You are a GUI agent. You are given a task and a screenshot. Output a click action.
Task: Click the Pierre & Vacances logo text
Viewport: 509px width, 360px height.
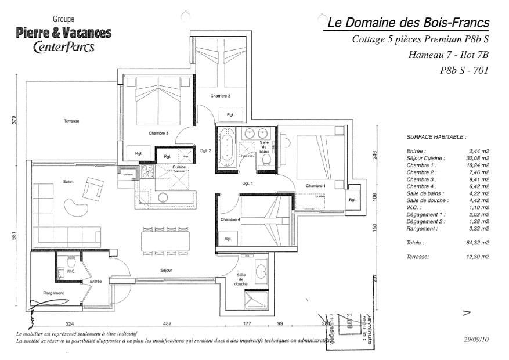point(64,33)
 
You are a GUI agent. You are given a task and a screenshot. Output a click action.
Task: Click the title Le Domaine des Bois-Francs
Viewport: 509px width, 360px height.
point(408,23)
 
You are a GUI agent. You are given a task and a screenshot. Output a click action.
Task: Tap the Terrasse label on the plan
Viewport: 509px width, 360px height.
point(71,121)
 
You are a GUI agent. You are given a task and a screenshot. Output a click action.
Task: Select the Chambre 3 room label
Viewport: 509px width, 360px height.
point(158,133)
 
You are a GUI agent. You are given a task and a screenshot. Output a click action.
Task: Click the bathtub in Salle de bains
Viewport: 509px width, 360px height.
point(226,148)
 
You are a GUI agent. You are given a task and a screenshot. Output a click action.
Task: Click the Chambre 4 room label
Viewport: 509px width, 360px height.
point(230,219)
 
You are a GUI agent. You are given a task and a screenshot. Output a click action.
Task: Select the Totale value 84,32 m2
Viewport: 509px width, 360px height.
point(478,243)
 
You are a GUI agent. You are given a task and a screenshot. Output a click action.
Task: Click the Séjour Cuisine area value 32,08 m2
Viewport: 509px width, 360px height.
point(478,158)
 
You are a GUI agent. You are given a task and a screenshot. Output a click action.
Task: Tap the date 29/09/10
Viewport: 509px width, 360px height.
point(476,339)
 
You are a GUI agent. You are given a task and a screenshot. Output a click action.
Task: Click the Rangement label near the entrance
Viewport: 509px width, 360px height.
point(53,293)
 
